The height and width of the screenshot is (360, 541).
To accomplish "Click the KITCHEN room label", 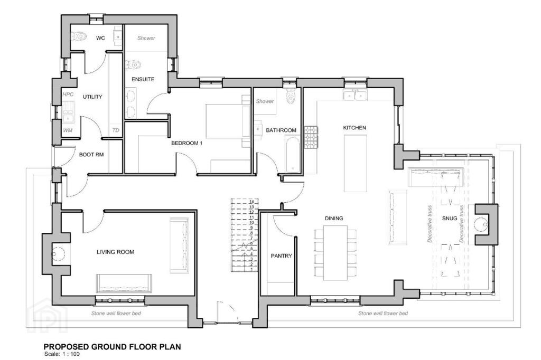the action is [355, 128].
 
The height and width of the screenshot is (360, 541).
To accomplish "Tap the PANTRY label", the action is [281, 256].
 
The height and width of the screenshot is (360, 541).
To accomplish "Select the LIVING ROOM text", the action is [115, 252].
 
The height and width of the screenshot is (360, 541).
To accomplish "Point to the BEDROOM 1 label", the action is [186, 143].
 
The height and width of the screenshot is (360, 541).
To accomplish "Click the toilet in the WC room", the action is [78, 36].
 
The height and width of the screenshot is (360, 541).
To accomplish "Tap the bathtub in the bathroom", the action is [293, 154].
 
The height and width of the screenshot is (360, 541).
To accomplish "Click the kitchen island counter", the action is [356, 163].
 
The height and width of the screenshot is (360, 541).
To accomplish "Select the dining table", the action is [335, 253].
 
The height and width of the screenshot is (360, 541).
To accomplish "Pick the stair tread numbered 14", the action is [252, 202].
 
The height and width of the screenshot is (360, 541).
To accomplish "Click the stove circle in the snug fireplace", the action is [482, 224].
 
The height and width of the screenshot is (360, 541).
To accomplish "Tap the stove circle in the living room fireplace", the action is [58, 254].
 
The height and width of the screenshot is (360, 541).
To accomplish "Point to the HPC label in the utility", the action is [68, 94].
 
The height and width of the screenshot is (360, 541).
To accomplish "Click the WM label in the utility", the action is [68, 130].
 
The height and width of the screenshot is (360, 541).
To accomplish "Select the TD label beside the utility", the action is [116, 130].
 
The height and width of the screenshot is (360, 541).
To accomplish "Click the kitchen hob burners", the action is [311, 137].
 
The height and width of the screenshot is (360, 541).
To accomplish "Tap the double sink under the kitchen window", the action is [355, 94].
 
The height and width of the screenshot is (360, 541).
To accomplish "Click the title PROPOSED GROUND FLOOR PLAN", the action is [112, 347].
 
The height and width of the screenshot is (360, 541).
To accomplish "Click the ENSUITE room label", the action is [143, 79].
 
